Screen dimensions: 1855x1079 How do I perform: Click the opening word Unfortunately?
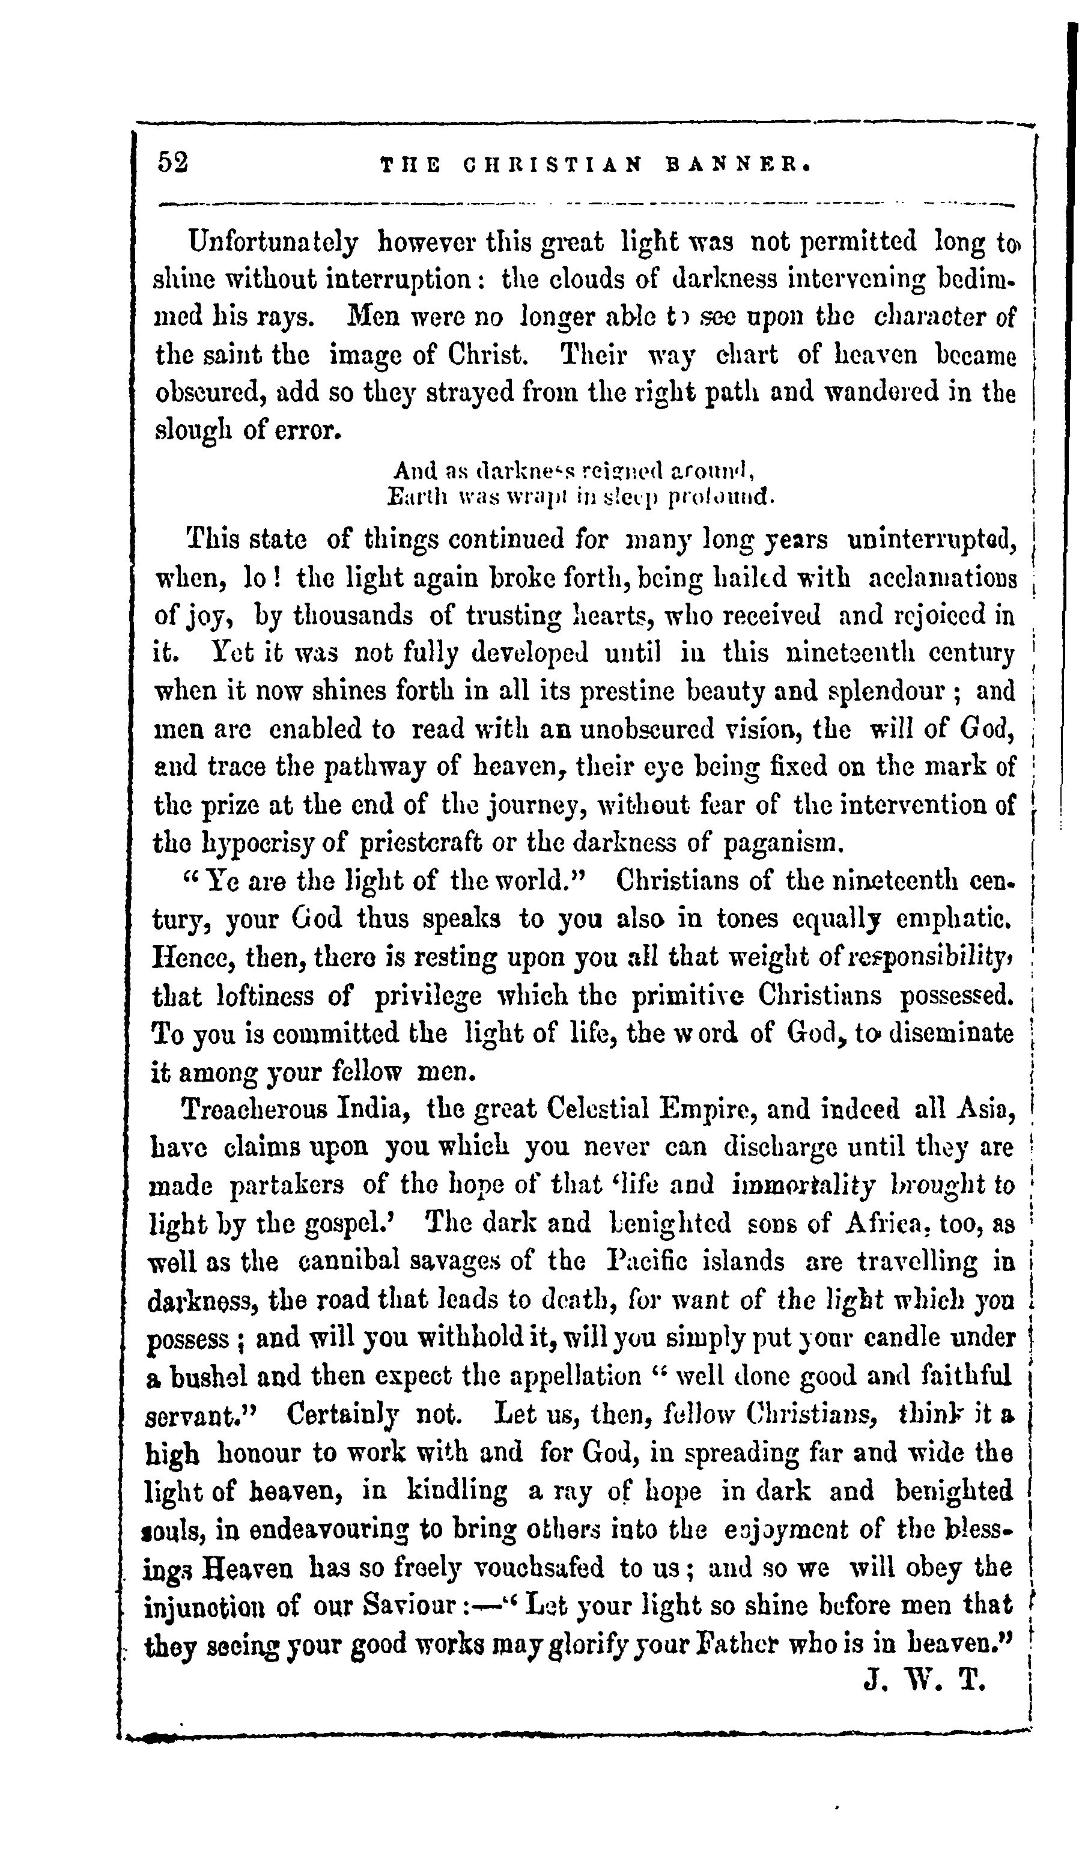pyautogui.click(x=273, y=242)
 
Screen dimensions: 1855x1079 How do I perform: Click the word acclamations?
pyautogui.click(x=943, y=578)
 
